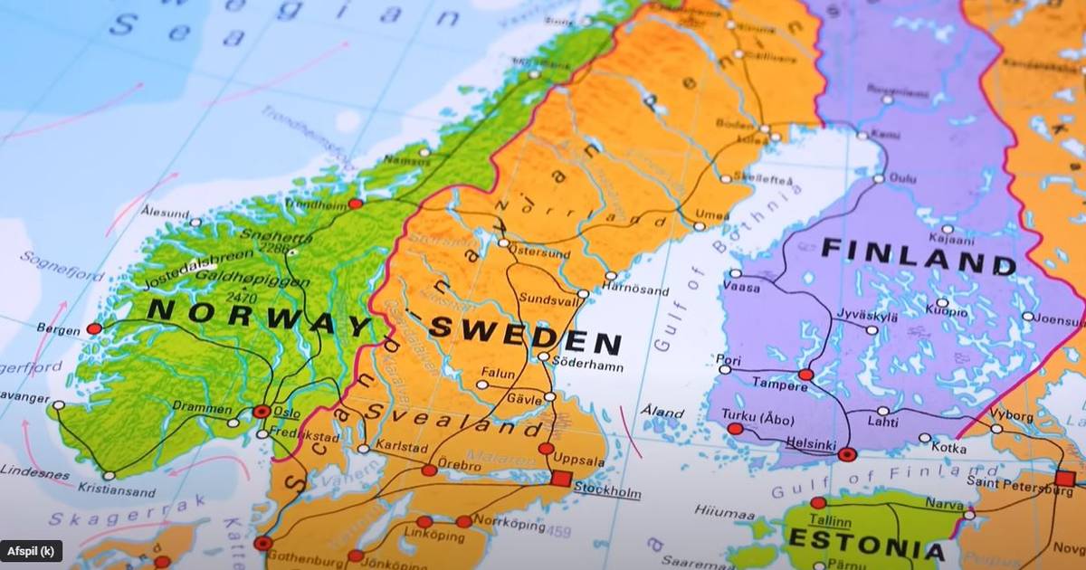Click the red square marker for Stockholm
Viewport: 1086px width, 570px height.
(561, 478)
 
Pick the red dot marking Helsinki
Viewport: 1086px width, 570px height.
(847, 454)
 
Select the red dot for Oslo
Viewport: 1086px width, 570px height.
(262, 412)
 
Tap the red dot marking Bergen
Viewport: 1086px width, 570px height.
(94, 328)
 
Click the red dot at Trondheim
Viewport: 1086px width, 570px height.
(356, 204)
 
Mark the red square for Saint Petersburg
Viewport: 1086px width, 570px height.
(1064, 479)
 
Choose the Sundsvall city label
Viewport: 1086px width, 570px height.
(546, 298)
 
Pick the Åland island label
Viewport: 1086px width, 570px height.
(662, 412)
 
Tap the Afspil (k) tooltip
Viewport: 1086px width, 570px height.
(32, 551)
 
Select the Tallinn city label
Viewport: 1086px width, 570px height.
(829, 521)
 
